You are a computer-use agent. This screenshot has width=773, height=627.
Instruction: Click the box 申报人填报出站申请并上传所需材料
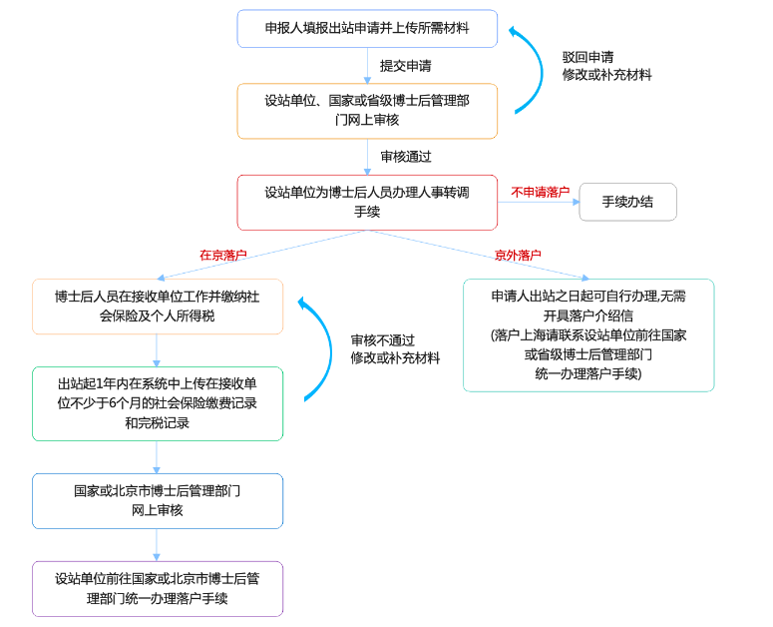(x=367, y=28)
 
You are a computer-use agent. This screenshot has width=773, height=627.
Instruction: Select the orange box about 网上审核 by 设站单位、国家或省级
(x=367, y=110)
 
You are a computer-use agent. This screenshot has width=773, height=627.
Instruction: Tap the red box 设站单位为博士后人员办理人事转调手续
(x=367, y=202)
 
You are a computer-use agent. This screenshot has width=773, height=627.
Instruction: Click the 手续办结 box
(x=627, y=202)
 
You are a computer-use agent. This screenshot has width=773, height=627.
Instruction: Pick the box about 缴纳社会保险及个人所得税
(x=157, y=306)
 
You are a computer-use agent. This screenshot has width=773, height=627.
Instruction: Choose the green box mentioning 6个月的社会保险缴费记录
(x=157, y=403)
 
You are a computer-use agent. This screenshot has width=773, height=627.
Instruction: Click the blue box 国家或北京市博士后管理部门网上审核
(x=157, y=500)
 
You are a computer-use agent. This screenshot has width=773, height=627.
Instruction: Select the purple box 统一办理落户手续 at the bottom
(x=157, y=588)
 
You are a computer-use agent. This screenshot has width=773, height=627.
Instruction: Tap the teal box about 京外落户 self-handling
(x=587, y=334)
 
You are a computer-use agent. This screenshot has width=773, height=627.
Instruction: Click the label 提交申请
(x=405, y=66)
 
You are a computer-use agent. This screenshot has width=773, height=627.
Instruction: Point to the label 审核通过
(x=405, y=157)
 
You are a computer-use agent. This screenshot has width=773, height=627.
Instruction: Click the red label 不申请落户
(x=540, y=192)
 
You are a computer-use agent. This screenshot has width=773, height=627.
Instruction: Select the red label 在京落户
(x=223, y=255)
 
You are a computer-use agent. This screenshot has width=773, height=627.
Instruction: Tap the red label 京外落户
(x=518, y=255)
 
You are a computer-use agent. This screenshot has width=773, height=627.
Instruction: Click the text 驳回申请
(x=587, y=57)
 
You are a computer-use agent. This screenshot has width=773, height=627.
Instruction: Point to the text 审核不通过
(x=382, y=339)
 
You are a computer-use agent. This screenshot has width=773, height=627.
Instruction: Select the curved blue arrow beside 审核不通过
(x=325, y=349)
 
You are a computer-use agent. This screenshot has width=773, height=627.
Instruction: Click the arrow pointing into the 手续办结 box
(x=539, y=203)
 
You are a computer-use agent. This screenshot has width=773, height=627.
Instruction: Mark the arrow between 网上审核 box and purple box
(x=157, y=544)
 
